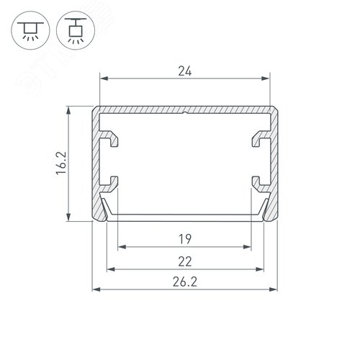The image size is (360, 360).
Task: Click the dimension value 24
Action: pyautogui.click(x=185, y=71)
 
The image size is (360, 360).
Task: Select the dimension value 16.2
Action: pyautogui.click(x=61, y=163)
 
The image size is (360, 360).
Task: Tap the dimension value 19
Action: pyautogui.click(x=185, y=239)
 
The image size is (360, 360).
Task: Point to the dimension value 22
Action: pyautogui.click(x=185, y=261)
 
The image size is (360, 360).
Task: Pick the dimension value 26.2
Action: pyautogui.click(x=185, y=282)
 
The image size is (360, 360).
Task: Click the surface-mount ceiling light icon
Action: pyautogui.click(x=30, y=30)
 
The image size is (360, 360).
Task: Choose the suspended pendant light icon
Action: pyautogui.click(x=76, y=30)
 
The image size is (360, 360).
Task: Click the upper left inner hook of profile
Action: pyautogui.click(x=109, y=138)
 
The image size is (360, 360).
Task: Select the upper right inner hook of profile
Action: pyautogui.click(x=261, y=138)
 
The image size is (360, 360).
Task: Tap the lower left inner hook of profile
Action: pyautogui.click(x=110, y=184)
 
